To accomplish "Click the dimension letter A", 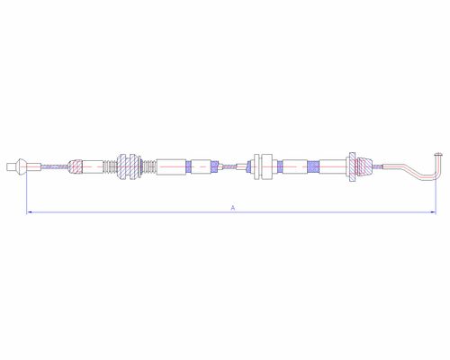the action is click(x=233, y=208).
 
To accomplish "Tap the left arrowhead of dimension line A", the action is click(x=29, y=212).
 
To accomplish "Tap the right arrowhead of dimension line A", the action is click(x=433, y=212).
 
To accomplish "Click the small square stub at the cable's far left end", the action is click(x=10, y=166).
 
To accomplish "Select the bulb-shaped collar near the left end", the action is click(x=20, y=166).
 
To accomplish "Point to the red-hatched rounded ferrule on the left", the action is click(x=75, y=166).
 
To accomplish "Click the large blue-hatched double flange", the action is click(x=129, y=166).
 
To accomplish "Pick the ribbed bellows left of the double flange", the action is click(x=110, y=166).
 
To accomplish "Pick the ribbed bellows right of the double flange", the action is click(x=148, y=166).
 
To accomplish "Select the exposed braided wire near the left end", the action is click(x=55, y=166).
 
